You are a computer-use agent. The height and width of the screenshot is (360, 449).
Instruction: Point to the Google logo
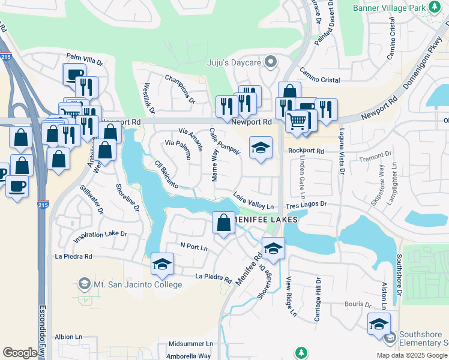click(x=20, y=353)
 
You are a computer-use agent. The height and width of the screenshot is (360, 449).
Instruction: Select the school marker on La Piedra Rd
click(x=162, y=264)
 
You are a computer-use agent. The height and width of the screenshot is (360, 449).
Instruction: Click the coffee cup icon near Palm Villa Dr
click(x=74, y=74)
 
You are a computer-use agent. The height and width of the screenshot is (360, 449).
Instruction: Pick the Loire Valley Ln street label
click(x=253, y=201)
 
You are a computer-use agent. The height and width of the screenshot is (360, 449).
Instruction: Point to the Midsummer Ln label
click(x=190, y=344)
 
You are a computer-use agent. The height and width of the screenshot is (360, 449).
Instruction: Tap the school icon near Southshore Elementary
click(x=379, y=324)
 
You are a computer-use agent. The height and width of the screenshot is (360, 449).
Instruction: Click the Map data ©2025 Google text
click(x=411, y=355)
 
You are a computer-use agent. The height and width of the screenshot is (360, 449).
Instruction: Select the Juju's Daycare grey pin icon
click(x=271, y=61)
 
